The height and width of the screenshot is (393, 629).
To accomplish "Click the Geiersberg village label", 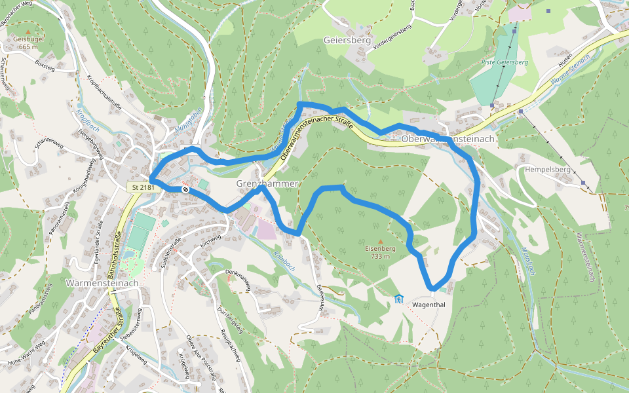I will (x=347, y=40).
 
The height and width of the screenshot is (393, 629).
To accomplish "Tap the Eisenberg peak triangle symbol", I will (x=381, y=241).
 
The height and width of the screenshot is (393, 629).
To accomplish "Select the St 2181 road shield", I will (x=142, y=188).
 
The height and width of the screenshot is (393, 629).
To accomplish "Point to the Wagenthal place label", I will (x=429, y=303).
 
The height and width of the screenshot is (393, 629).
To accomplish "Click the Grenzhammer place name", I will (x=267, y=184).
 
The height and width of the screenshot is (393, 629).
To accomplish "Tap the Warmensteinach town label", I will (x=103, y=283).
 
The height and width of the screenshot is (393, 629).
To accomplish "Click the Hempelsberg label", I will (x=548, y=169).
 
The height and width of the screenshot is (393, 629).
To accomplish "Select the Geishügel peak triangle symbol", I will (x=28, y=31).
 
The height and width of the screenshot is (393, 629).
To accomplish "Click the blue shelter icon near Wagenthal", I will (x=398, y=299).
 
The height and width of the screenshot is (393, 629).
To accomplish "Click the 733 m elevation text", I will (x=381, y=256).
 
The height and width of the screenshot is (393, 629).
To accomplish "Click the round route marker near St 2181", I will (x=186, y=189).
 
